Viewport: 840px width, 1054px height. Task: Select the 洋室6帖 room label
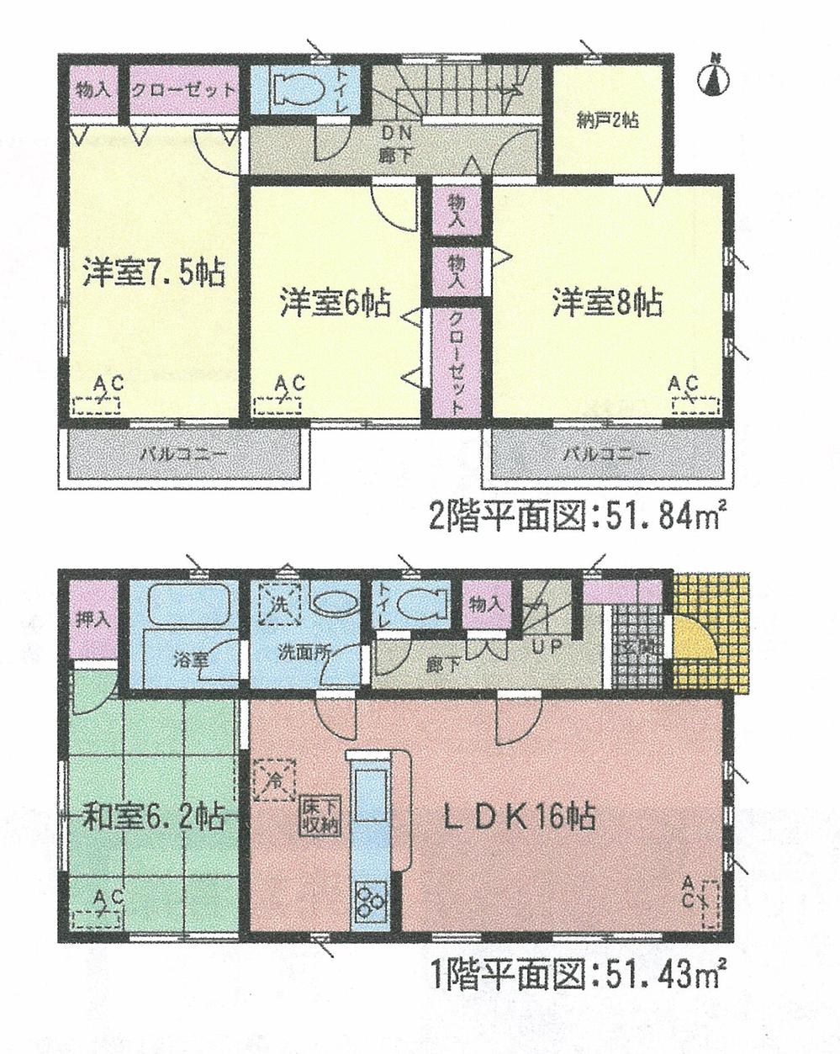tap(335, 302)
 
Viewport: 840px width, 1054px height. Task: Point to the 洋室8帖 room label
tap(606, 302)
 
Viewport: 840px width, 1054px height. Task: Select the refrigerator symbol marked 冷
tap(275, 779)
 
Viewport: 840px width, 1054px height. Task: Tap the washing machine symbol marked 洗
tap(277, 603)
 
